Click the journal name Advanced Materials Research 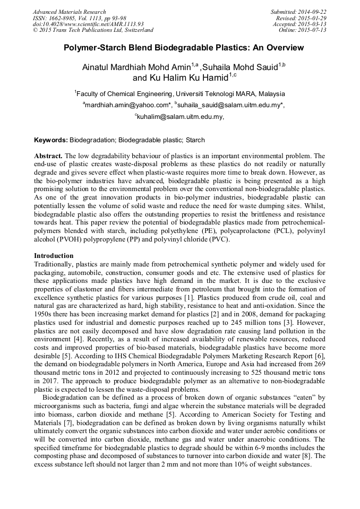point(69,12)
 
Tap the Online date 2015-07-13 point(313,30)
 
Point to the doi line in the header point(88,24)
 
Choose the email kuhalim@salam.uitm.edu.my point(179,116)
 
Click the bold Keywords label point(51,140)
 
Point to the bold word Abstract point(48,156)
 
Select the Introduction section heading point(54,256)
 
